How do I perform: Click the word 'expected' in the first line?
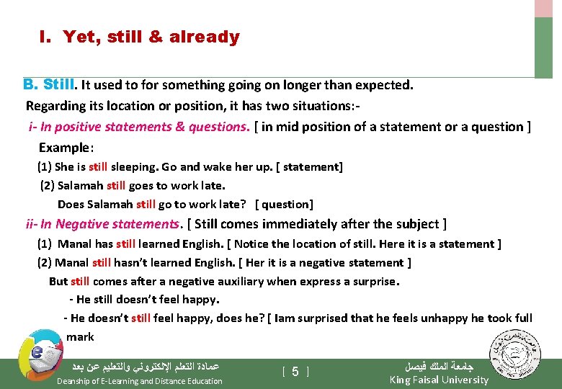386,85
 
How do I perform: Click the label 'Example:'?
66,147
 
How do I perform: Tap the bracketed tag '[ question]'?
285,204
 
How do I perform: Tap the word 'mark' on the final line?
80,336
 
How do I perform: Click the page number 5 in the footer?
295,372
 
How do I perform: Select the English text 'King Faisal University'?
438,380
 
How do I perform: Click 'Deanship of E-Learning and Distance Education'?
139,381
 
